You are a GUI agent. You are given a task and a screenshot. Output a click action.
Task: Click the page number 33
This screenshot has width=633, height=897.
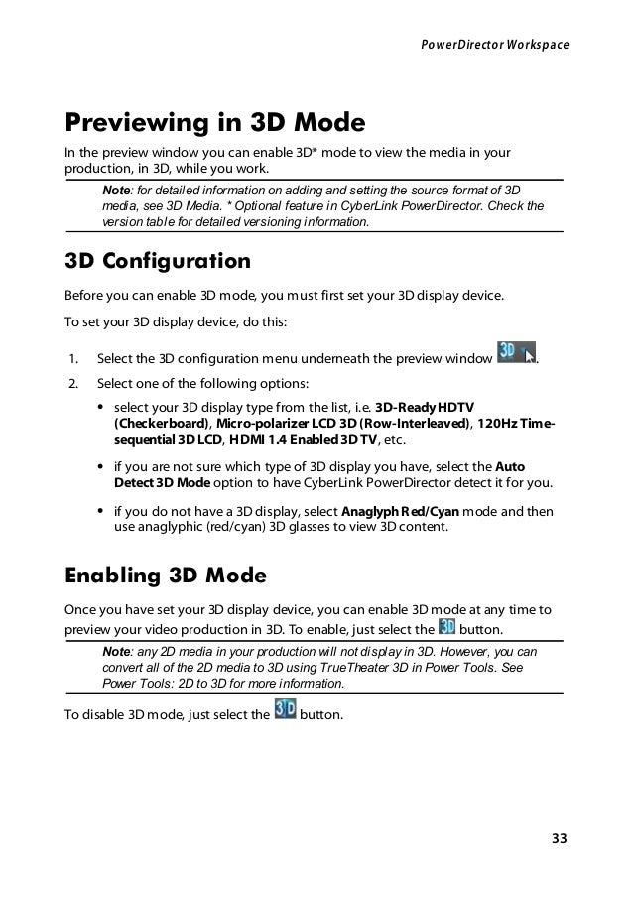(x=561, y=839)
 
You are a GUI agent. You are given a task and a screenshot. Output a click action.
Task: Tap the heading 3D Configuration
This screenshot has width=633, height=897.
(x=157, y=263)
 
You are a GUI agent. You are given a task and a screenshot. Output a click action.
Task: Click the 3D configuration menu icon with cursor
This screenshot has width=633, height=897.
(x=516, y=353)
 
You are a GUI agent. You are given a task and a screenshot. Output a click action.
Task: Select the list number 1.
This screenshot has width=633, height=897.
(x=72, y=358)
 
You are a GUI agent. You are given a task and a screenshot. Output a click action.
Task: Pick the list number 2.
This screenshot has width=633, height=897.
(x=72, y=383)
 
